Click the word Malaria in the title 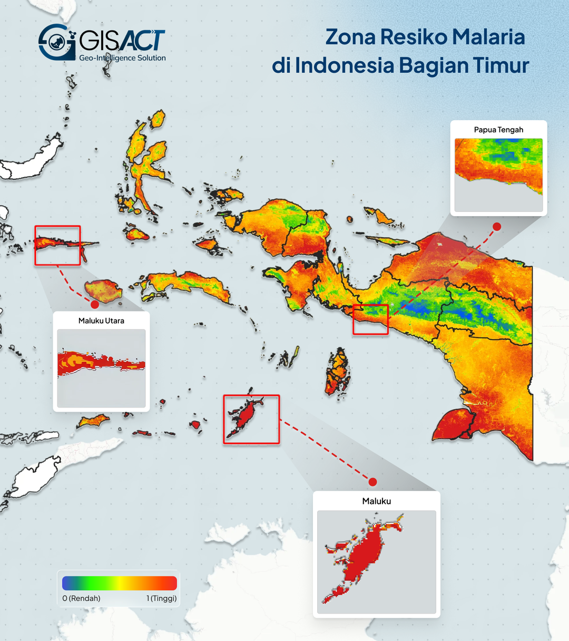coord(488,37)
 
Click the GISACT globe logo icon coord(55,42)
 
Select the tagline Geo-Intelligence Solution coord(122,58)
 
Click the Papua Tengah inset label coord(498,130)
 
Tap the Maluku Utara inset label coord(101,320)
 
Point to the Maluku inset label coord(376,501)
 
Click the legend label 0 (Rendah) coord(81,598)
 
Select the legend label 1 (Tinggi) coord(161,598)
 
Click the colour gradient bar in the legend coord(120,583)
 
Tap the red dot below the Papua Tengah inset coord(496,227)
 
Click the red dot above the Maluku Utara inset coord(95,304)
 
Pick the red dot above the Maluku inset coord(372,482)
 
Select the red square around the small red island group coord(251,419)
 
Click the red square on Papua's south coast coord(370,319)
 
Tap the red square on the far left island coord(57,245)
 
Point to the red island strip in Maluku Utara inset coord(100,363)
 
